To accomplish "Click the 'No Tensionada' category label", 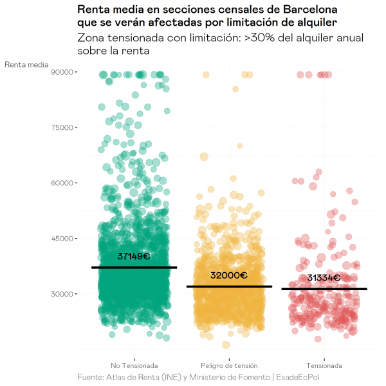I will (134, 365).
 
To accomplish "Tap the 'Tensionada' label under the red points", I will (324, 365).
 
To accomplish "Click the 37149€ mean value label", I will (134, 256).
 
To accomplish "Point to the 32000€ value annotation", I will (229, 275).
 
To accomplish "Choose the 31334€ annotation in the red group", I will (324, 278).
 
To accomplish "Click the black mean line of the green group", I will (134, 267).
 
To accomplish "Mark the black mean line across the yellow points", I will (230, 286).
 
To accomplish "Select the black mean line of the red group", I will (324, 289).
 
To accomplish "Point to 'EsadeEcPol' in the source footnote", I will (302, 376).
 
